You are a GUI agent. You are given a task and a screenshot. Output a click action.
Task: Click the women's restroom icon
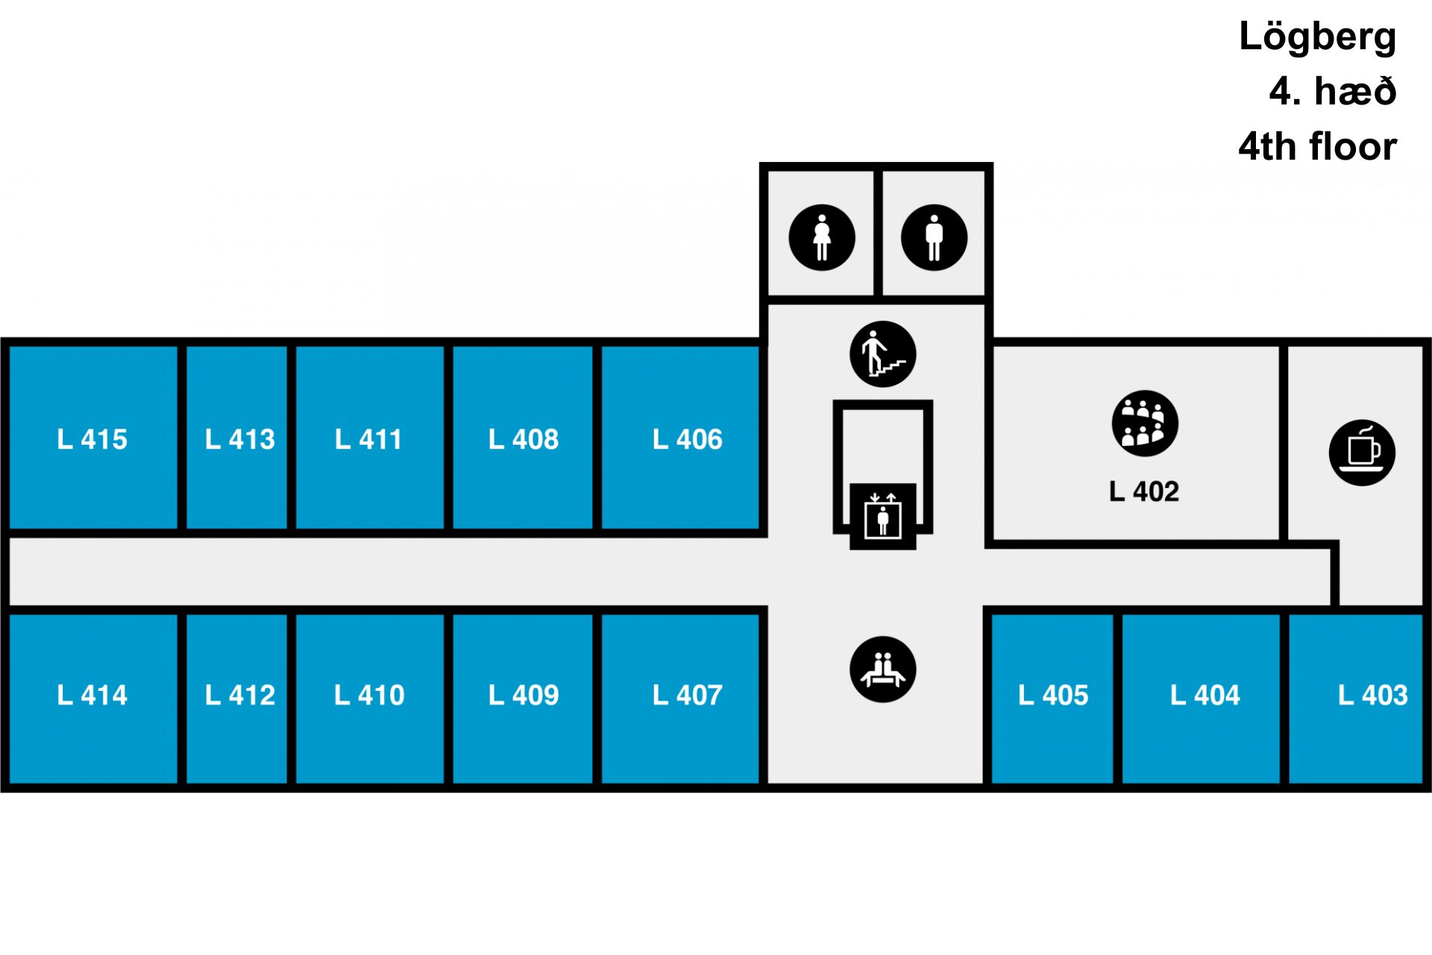[822, 237]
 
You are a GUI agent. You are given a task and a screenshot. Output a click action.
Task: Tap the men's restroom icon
[934, 237]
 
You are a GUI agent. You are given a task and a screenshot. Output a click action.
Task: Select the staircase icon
[883, 354]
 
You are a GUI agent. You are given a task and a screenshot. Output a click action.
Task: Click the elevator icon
[883, 516]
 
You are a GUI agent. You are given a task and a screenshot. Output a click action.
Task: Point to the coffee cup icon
[1362, 453]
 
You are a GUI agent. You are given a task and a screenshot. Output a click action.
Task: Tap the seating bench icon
[883, 669]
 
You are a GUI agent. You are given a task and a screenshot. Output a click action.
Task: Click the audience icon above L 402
[1145, 423]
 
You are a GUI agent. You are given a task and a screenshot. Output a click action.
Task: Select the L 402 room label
[1144, 492]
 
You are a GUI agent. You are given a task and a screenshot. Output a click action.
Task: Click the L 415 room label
[92, 439]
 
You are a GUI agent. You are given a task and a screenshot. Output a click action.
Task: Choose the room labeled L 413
[240, 439]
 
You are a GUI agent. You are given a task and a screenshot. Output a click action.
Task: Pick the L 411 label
[368, 439]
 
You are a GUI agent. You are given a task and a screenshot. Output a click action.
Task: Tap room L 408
[524, 439]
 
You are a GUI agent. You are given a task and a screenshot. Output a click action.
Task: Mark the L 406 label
[688, 439]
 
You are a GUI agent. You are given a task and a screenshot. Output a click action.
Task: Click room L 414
[92, 695]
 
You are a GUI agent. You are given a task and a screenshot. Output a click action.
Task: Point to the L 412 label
[240, 695]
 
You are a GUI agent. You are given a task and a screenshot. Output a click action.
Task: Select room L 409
[524, 695]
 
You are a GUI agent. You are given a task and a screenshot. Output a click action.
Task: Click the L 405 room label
[1053, 695]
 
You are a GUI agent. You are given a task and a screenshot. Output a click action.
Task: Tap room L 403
[1373, 695]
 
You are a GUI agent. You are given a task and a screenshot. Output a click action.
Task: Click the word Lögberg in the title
[1317, 37]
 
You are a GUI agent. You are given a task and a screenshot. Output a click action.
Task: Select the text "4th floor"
[1317, 146]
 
